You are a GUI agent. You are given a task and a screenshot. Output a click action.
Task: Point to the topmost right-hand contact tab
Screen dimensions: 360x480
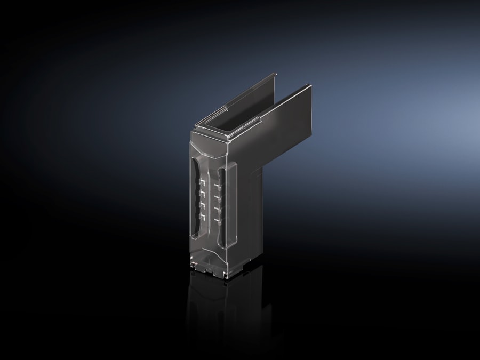217,186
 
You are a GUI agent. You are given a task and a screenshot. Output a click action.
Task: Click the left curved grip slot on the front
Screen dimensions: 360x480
194,203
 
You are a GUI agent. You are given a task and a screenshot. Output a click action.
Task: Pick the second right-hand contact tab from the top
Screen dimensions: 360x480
217,196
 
